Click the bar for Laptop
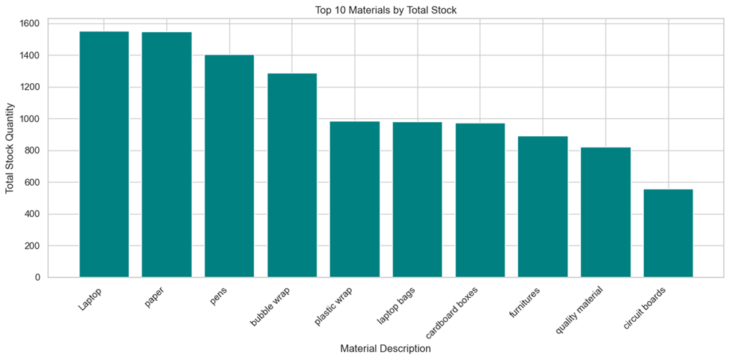pyautogui.click(x=104, y=154)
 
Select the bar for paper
pyautogui.click(x=166, y=155)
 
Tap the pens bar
pyautogui.click(x=229, y=166)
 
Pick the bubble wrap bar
pyautogui.click(x=292, y=175)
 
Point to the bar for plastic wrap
pyautogui.click(x=355, y=199)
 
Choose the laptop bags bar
pyautogui.click(x=417, y=200)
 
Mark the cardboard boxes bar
pyautogui.click(x=480, y=201)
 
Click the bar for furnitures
pyautogui.click(x=543, y=207)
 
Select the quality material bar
pyautogui.click(x=606, y=213)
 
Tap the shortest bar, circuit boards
pyautogui.click(x=668, y=234)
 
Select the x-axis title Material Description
pyautogui.click(x=386, y=349)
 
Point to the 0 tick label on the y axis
pyautogui.click(x=37, y=278)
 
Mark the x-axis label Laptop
pyautogui.click(x=90, y=300)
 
